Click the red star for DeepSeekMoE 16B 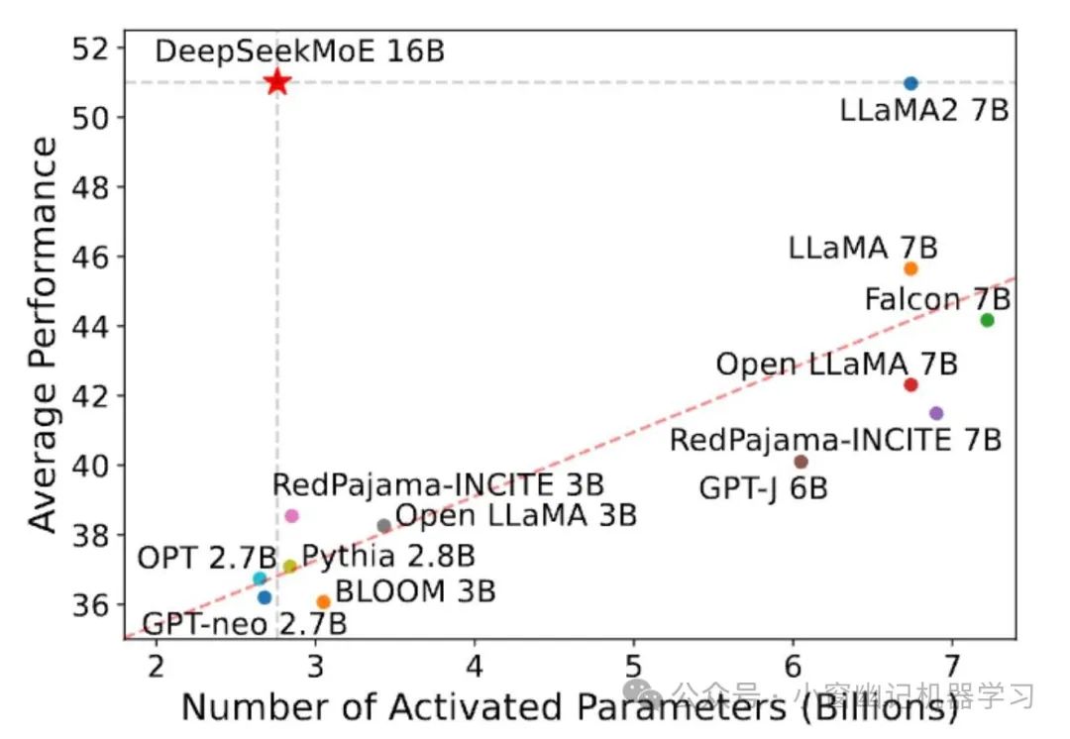click(277, 82)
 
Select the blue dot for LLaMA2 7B click(910, 83)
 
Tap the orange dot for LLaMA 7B click(910, 268)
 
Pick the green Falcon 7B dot click(987, 319)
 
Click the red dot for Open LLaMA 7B click(910, 384)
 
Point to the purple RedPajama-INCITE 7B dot click(936, 413)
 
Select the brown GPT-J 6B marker click(801, 462)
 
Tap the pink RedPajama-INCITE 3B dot click(291, 516)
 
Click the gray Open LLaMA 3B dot click(384, 525)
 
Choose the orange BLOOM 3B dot click(323, 601)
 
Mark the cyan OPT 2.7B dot click(260, 579)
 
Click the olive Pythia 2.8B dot click(289, 567)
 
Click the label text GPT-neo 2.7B click(245, 625)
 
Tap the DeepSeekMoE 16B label click(300, 52)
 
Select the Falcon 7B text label click(937, 298)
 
